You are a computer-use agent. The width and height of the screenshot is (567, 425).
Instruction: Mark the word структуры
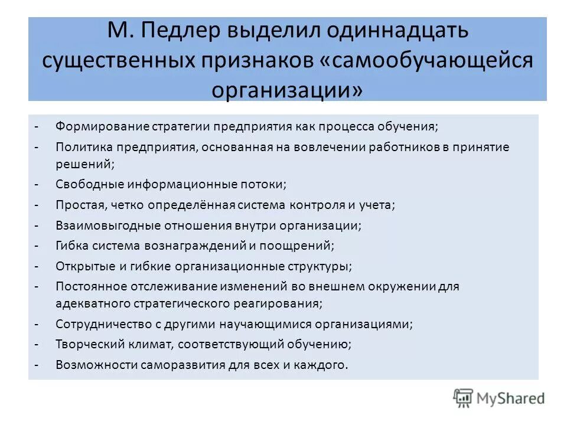click(322, 266)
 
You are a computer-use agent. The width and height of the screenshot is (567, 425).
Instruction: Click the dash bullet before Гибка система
click(37, 245)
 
